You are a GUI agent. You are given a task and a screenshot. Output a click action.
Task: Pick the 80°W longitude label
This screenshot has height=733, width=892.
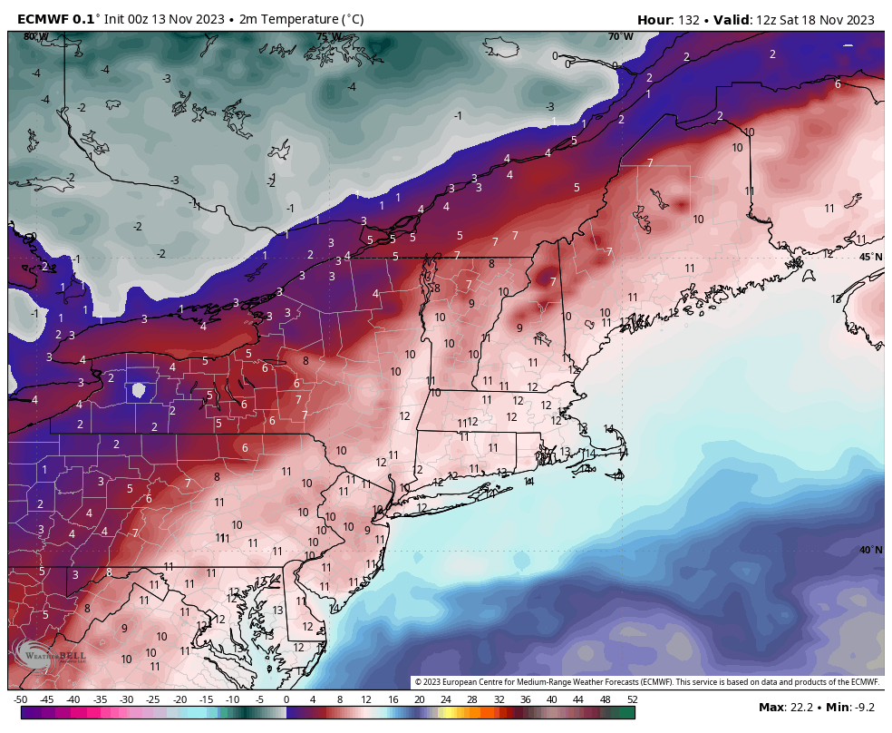click(35, 37)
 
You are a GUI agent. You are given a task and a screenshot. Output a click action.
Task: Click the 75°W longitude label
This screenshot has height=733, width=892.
click(328, 37)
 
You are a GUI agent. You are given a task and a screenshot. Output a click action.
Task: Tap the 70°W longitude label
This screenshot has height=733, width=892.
click(620, 37)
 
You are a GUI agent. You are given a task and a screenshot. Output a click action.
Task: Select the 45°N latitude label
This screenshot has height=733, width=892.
click(869, 257)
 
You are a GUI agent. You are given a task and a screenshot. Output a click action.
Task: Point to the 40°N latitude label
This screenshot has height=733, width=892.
click(869, 550)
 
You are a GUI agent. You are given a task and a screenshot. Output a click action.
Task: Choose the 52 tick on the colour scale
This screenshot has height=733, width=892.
click(631, 699)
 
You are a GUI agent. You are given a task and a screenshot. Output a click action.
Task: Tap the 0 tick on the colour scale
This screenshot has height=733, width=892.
click(286, 699)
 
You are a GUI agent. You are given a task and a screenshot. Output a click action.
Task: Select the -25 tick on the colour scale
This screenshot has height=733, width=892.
click(153, 699)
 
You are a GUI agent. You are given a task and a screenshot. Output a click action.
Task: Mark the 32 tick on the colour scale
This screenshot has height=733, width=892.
click(499, 699)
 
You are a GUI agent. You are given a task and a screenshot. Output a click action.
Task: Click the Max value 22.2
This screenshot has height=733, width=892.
click(796, 707)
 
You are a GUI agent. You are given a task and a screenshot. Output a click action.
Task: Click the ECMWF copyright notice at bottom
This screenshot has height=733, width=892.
click(647, 682)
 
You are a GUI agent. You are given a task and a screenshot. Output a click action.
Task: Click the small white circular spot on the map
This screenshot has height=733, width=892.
click(138, 390)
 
